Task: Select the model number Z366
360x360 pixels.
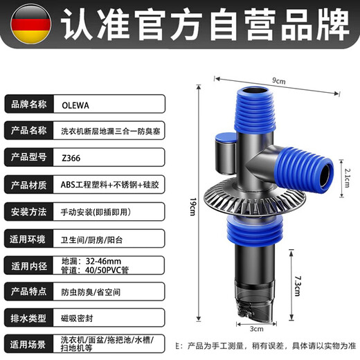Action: [70, 156]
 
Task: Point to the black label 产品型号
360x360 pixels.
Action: [29, 156]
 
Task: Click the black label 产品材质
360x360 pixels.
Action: [29, 184]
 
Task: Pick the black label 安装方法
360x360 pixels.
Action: [29, 211]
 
